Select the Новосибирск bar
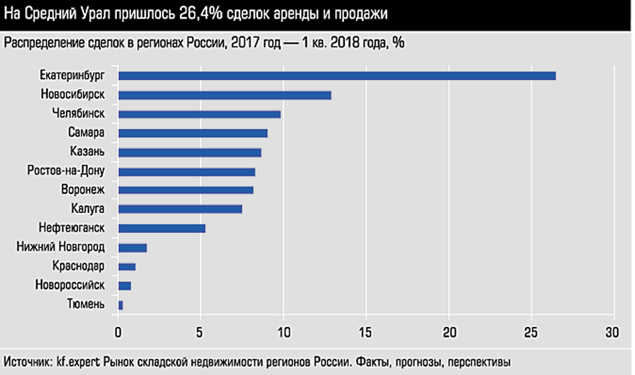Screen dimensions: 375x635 pyautogui.click(x=224, y=95)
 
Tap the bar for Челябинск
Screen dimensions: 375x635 pyautogui.click(x=199, y=114)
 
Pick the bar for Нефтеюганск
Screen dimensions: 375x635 pyautogui.click(x=162, y=229)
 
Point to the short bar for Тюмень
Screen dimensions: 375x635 pyautogui.click(x=120, y=305)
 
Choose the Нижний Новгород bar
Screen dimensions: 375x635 pyautogui.click(x=133, y=247)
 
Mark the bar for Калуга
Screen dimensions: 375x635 pyautogui.click(x=180, y=209)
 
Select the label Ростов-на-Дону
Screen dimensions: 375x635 pyautogui.click(x=66, y=171)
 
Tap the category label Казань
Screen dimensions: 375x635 pyautogui.click(x=88, y=152)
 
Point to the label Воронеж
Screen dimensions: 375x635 pyautogui.click(x=83, y=190)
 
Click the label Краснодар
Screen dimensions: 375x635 pyautogui.click(x=79, y=267)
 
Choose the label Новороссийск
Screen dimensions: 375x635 pyautogui.click(x=70, y=285)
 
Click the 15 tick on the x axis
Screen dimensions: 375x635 pyautogui.click(x=366, y=333)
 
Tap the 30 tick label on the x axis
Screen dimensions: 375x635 pyautogui.click(x=614, y=333)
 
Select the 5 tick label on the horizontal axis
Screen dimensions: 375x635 pyautogui.click(x=201, y=333)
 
